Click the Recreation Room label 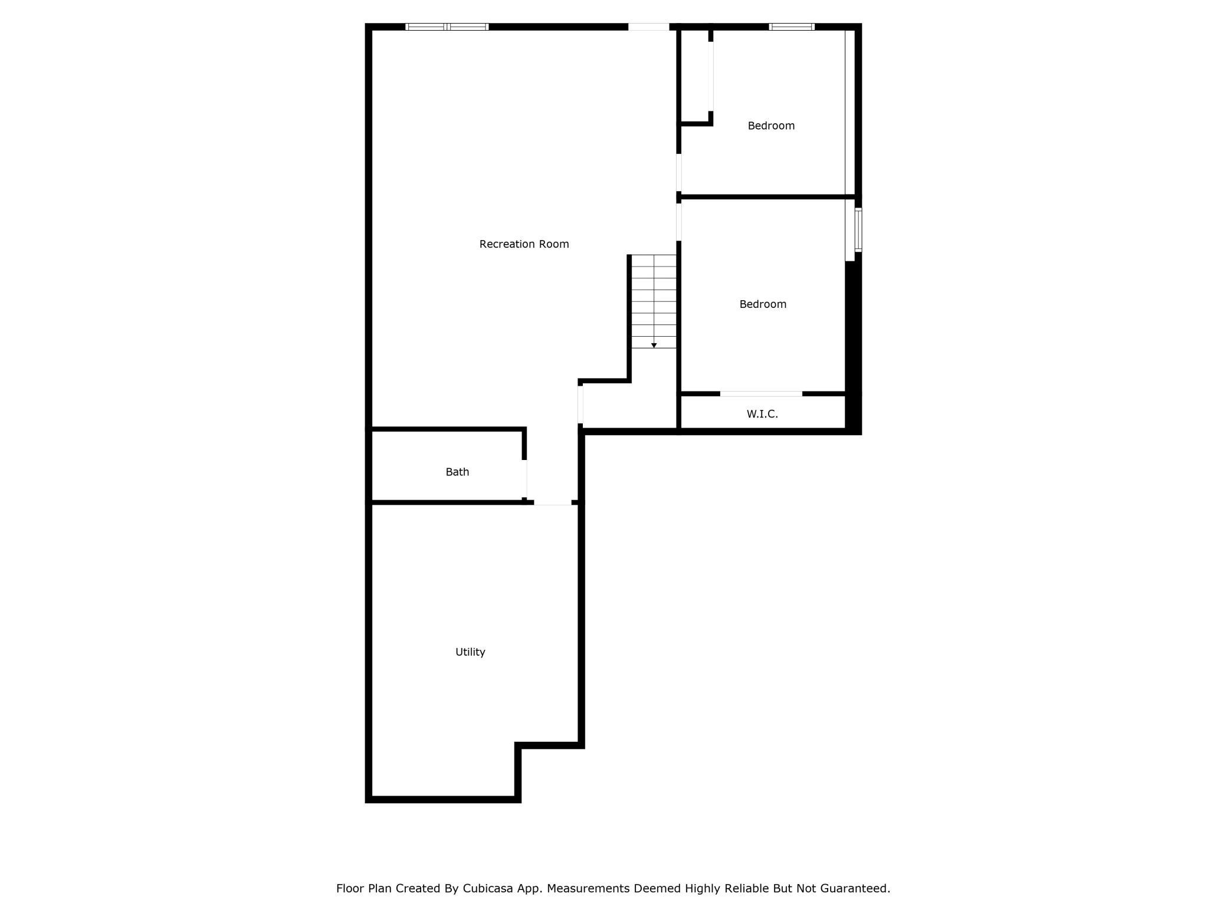(x=524, y=244)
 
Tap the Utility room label (x=470, y=652)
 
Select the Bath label (x=457, y=472)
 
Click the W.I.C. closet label (x=762, y=414)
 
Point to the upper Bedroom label (x=771, y=126)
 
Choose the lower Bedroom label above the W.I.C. (x=763, y=304)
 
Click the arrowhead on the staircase (x=654, y=346)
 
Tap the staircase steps (x=654, y=301)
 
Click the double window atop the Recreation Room (x=447, y=27)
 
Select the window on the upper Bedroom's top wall (x=792, y=27)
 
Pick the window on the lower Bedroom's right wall (x=858, y=229)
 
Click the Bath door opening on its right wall (x=525, y=479)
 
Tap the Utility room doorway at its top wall (x=553, y=502)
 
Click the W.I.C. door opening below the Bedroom (x=761, y=393)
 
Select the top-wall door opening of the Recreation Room (x=648, y=27)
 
